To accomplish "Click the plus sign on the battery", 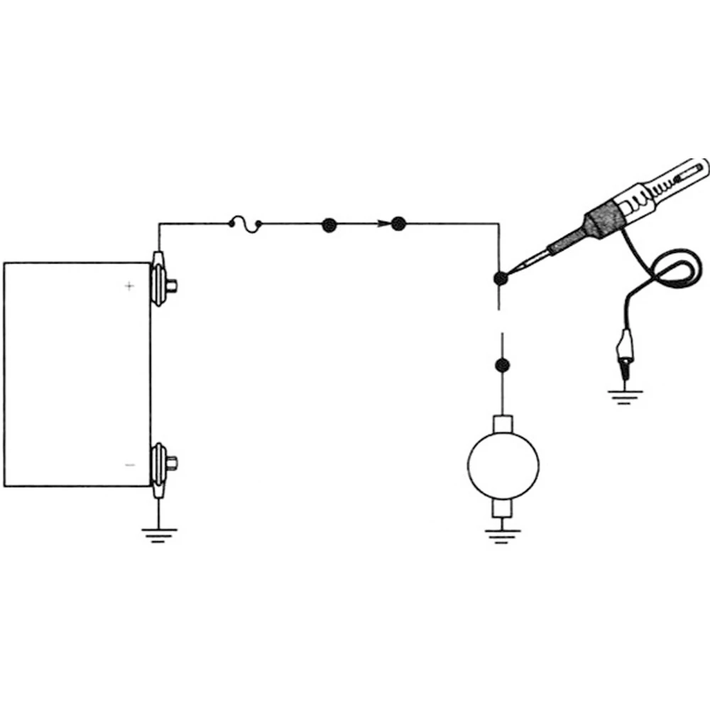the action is [129, 286].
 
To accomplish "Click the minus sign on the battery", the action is [129, 465].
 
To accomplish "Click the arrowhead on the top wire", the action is [383, 224].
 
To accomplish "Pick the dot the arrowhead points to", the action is [398, 224].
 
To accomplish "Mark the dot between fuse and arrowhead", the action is [329, 224].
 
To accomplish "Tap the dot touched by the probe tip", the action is [501, 279].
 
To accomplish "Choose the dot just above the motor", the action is [502, 366].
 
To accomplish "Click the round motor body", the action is [503, 465].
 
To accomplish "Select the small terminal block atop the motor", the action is [503, 425].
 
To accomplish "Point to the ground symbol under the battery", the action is [159, 534].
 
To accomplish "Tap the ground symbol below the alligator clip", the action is [623, 396].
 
